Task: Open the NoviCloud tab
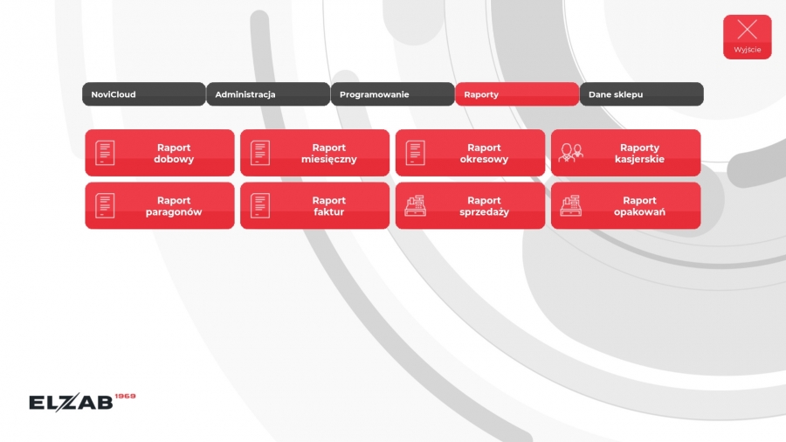pos(144,94)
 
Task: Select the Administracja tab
pos(268,94)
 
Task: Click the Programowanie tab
pos(392,94)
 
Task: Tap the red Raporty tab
pos(517,94)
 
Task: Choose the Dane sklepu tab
pos(642,94)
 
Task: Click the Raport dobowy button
pos(160,153)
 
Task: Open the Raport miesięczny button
pos(314,153)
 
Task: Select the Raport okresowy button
pos(470,153)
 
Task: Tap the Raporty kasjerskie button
pos(625,153)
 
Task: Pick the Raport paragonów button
pos(160,205)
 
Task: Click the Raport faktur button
pos(314,205)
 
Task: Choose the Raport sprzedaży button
pos(470,205)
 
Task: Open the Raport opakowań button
pos(625,205)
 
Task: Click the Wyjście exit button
pos(748,37)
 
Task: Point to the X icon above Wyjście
pos(748,30)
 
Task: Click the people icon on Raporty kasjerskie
pos(571,153)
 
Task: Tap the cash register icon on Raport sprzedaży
pos(416,205)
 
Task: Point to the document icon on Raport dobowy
pos(105,153)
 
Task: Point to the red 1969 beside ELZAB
pos(125,396)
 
